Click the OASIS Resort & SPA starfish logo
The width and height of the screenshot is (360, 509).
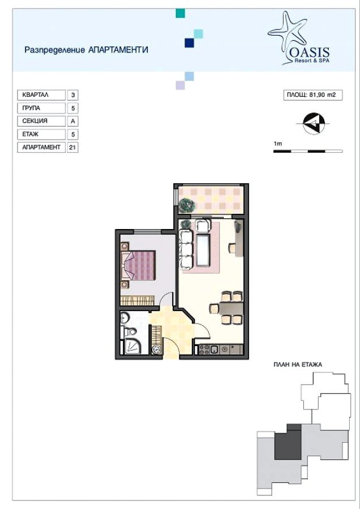(x=299, y=38)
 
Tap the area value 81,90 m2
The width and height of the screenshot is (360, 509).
(x=322, y=95)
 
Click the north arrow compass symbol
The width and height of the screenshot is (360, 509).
(x=314, y=123)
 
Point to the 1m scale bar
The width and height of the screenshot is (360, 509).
(x=308, y=151)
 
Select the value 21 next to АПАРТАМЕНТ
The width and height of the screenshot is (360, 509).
(x=72, y=148)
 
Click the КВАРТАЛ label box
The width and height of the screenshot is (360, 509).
(x=41, y=95)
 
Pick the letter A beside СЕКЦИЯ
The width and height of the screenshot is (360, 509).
(x=72, y=121)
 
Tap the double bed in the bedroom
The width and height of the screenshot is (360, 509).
(x=138, y=265)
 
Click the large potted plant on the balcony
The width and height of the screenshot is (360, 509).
(x=187, y=205)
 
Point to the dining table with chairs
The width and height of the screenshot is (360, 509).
(x=227, y=308)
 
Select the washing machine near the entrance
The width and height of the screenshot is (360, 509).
(x=157, y=350)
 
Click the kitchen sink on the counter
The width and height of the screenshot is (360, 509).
(x=214, y=350)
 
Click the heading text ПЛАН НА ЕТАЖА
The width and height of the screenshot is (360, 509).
(x=298, y=365)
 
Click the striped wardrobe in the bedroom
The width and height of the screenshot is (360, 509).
(x=137, y=300)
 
